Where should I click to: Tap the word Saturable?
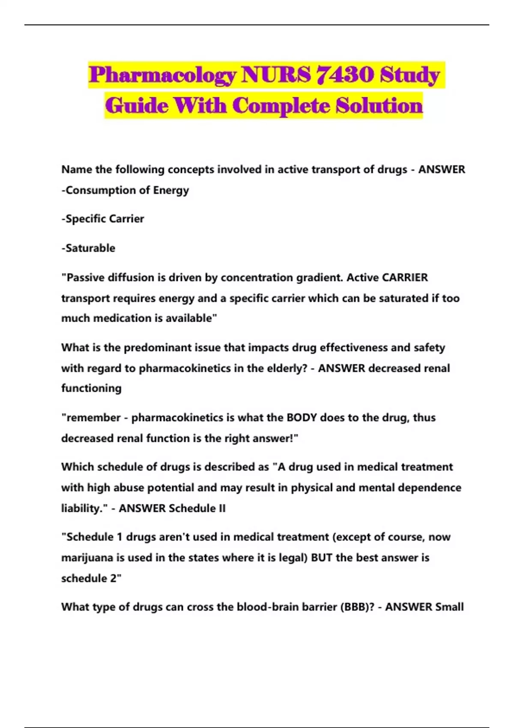click(90, 248)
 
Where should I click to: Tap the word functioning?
click(91, 388)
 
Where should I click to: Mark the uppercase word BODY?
click(302, 418)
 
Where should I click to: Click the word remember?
click(93, 418)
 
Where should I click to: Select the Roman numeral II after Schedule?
click(221, 508)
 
